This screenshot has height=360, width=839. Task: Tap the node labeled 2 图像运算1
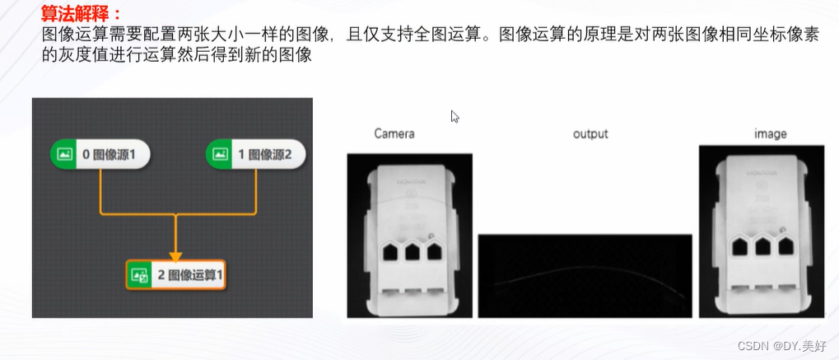click(175, 275)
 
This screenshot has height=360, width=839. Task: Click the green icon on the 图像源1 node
click(63, 153)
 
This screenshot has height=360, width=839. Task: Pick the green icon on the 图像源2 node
click(220, 153)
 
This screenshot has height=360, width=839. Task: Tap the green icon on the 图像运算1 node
click(139, 275)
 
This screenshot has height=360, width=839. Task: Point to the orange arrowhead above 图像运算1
click(175, 255)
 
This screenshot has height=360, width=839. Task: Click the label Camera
click(394, 133)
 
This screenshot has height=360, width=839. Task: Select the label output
click(590, 133)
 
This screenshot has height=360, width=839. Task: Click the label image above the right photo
click(770, 133)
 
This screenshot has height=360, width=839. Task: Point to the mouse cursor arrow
click(454, 116)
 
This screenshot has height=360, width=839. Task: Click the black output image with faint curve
click(585, 276)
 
